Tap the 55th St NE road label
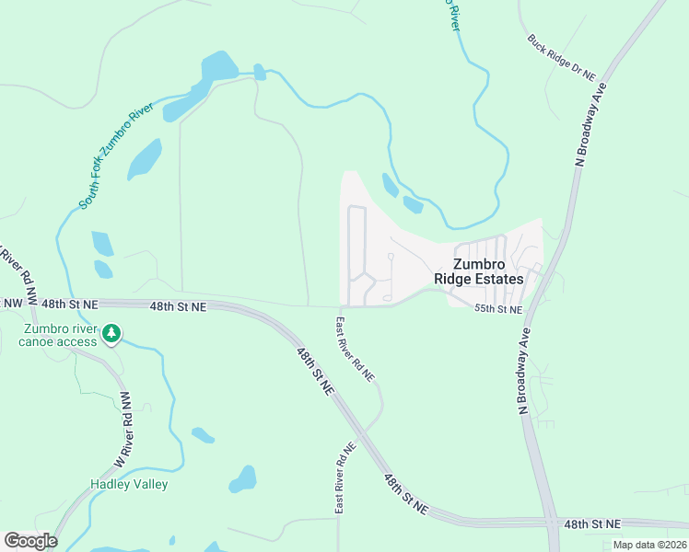pyautogui.click(x=497, y=310)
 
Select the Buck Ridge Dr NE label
pyautogui.click(x=562, y=57)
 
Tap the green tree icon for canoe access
pyautogui.click(x=111, y=332)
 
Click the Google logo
pyautogui.click(x=30, y=540)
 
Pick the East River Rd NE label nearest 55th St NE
pyautogui.click(x=355, y=350)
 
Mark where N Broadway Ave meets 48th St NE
pyautogui.click(x=553, y=522)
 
